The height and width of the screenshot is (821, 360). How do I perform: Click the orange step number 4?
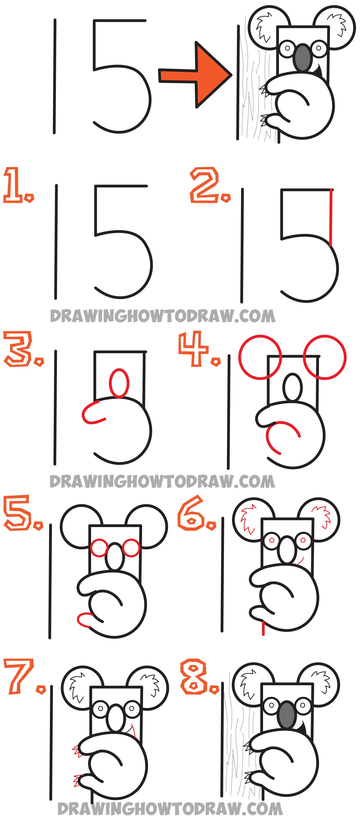(194, 349)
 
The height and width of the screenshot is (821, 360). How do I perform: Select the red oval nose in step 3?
(119, 383)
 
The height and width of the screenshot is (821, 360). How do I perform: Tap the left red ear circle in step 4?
(260, 357)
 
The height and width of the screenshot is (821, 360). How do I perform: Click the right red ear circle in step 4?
(325, 357)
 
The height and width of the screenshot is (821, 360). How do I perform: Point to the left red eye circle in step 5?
(99, 548)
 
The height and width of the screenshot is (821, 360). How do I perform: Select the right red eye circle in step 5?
(131, 548)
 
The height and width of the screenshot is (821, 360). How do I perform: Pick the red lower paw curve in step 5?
(84, 619)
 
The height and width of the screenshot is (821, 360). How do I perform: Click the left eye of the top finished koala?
(288, 48)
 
